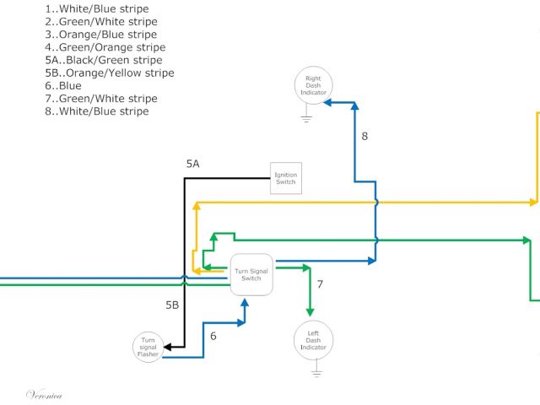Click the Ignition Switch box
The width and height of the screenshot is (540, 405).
[x=286, y=178]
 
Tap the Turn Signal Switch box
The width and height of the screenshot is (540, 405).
[x=251, y=274]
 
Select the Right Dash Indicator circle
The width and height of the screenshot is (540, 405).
[x=313, y=85]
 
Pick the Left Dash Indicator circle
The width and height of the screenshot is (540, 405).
[x=313, y=340]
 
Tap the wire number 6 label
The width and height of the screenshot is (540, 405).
[x=213, y=336]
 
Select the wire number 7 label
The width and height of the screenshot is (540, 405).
[x=321, y=284]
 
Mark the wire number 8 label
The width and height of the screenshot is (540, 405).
[x=364, y=135]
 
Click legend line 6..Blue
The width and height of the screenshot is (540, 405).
[x=63, y=85]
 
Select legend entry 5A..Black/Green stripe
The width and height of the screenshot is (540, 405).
[x=104, y=60]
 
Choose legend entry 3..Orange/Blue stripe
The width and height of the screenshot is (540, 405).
[x=100, y=35]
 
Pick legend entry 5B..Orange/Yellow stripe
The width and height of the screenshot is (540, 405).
[x=110, y=73]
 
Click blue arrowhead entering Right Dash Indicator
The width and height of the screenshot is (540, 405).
[x=330, y=101]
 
